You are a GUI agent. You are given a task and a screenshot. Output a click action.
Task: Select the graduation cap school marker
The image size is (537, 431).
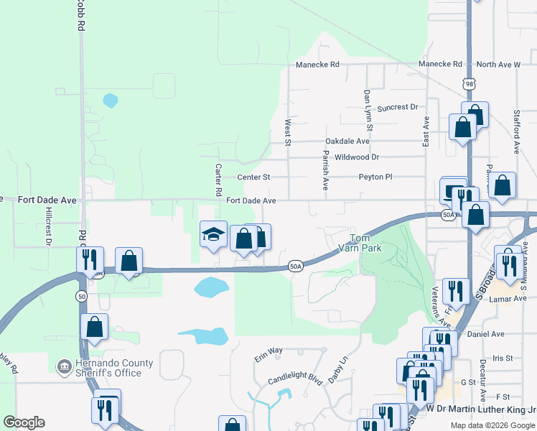click(x=213, y=235)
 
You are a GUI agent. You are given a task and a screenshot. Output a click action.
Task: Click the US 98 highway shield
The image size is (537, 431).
click(x=469, y=84)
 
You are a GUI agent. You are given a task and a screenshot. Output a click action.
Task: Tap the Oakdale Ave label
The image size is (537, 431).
click(x=347, y=142)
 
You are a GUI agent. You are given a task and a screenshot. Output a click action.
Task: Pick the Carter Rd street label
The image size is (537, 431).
click(x=218, y=180)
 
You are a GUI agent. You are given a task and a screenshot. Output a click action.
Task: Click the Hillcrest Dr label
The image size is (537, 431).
click(x=50, y=226)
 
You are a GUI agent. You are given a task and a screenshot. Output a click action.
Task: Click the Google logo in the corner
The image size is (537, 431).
click(x=24, y=422)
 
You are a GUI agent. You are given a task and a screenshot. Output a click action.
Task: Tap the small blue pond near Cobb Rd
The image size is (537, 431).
click(x=110, y=101)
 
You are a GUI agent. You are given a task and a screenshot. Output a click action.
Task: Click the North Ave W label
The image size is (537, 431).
click(x=498, y=65)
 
